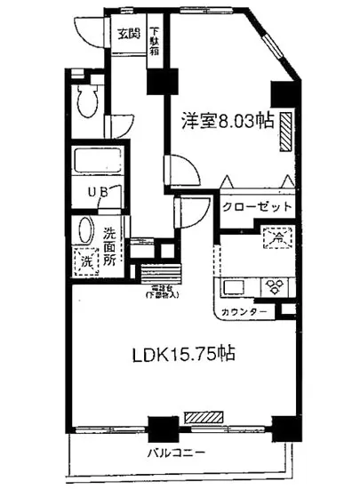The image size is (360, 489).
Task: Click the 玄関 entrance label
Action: click(128, 36)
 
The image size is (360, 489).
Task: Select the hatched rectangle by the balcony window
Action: click(203, 416)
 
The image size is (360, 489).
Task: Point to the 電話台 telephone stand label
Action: click(162, 291)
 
